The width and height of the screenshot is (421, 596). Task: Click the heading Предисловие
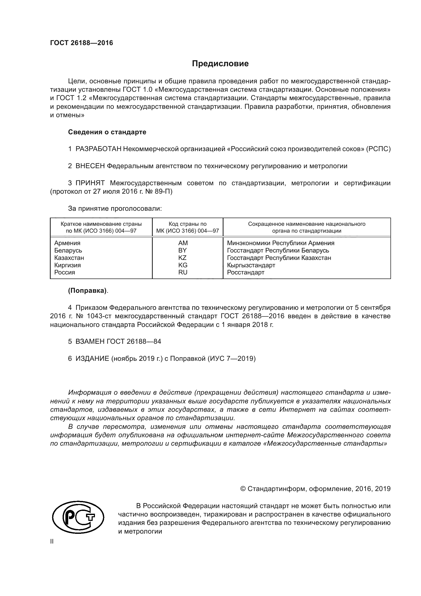[x=220, y=64]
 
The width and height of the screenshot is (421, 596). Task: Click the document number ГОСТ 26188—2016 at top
[x=81, y=43]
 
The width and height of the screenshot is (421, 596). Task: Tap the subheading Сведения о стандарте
[x=107, y=132]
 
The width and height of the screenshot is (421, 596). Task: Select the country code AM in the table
[x=183, y=243]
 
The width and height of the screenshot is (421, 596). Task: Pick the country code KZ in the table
[x=183, y=258]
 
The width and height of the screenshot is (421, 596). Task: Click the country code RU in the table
[x=183, y=272]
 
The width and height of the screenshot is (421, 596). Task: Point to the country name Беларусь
[x=68, y=250]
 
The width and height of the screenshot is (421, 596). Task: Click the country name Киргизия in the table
[x=67, y=265]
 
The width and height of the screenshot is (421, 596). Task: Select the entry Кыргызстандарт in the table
[x=251, y=265]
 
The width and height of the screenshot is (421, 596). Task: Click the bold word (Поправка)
[x=87, y=291]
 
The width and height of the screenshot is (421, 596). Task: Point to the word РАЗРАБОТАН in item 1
[x=98, y=149]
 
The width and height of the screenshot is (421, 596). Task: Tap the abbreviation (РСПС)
[x=378, y=149]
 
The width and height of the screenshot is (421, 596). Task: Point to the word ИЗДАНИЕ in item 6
[x=92, y=359]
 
